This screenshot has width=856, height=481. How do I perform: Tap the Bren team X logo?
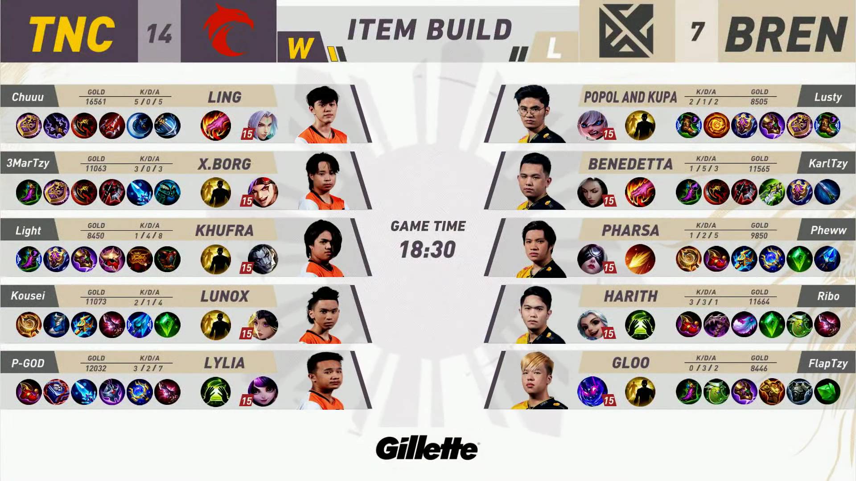626,31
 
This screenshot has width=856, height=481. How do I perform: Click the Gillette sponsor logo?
427,448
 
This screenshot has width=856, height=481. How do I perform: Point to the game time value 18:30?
428,249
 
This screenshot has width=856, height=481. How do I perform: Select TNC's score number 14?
159,33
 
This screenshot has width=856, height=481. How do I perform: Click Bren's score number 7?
697,32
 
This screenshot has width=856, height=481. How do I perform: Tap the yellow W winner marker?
300,48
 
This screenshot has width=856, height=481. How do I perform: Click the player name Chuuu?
28,97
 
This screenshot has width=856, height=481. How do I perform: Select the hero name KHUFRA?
224,231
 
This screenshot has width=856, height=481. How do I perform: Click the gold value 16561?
96,102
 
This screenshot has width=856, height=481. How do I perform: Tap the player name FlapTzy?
828,364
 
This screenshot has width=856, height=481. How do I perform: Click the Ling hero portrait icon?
263,125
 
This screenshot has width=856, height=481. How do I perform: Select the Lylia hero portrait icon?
263,391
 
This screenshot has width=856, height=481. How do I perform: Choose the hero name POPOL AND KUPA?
630,97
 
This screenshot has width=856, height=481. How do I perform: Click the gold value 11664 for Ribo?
759,302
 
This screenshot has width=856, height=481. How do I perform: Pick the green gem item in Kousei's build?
167,325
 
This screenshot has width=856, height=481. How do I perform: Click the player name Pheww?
828,230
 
